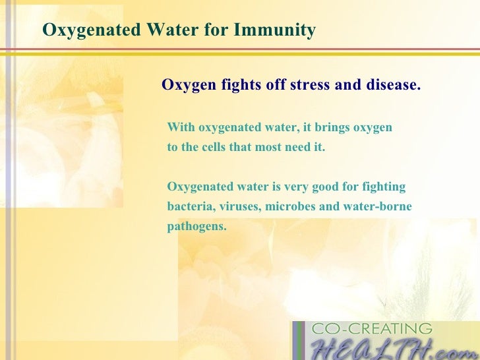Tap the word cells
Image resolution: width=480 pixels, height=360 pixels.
point(210,147)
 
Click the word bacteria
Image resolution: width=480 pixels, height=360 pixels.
point(189,206)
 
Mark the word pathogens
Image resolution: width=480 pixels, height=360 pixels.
point(196,226)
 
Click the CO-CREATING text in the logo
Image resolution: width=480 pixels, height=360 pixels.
point(372,328)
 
